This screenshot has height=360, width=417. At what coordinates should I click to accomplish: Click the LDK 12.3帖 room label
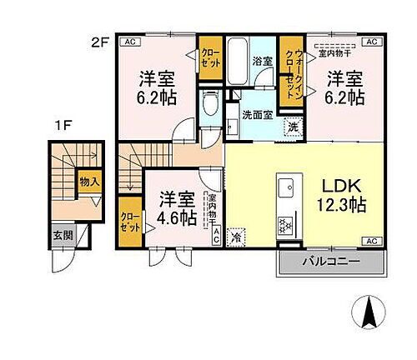[338, 193]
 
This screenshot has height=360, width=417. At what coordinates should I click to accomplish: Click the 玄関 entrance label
[63, 235]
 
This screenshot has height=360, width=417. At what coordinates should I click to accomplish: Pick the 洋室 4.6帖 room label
[177, 209]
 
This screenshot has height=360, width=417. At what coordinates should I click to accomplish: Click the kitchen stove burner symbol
[284, 226]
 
